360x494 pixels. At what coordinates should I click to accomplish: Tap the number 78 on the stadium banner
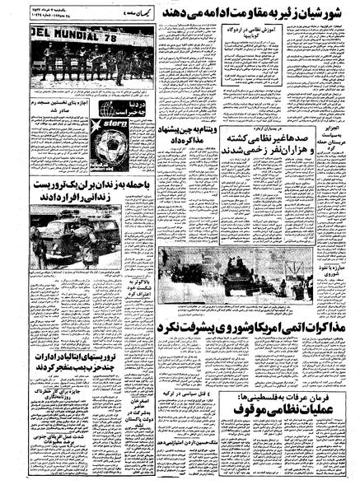(106, 39)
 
